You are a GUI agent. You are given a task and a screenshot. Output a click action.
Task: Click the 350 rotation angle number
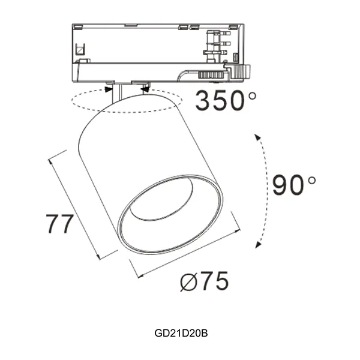click(x=220, y=100)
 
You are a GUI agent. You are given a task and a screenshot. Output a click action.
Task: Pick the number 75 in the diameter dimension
click(x=214, y=280)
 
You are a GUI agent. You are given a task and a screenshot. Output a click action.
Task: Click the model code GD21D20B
click(x=179, y=331)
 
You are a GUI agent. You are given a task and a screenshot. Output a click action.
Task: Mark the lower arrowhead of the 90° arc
click(x=258, y=243)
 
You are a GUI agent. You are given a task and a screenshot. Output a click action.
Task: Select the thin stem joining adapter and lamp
click(x=121, y=91)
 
